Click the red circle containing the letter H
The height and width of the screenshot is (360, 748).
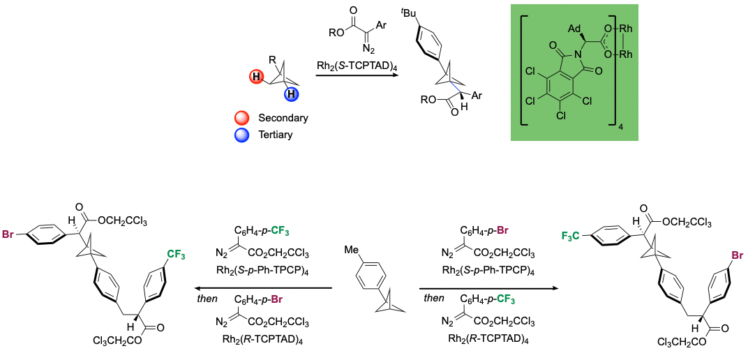point(257,77)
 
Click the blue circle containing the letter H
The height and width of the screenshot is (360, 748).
point(291,95)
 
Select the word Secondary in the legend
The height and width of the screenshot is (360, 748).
point(283,118)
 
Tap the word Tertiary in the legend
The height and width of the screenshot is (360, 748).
point(275,135)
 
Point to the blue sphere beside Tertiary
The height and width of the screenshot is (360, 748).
point(244,135)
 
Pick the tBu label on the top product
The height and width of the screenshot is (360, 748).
point(408,13)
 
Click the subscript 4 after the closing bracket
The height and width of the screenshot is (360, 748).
point(621,128)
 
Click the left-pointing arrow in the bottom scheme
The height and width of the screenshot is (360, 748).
point(263,288)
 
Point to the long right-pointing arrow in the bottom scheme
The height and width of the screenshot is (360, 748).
point(489,288)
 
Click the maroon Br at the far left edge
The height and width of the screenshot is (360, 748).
point(8,234)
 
